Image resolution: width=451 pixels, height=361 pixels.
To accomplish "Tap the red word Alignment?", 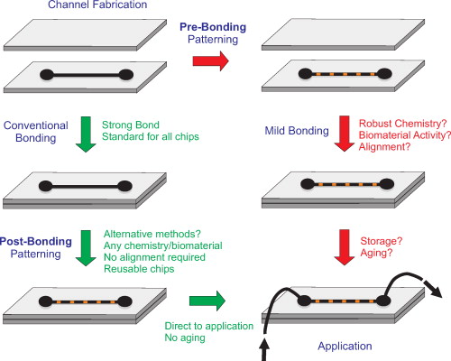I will click(x=385, y=145).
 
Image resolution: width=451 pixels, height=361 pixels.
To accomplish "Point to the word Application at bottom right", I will click(x=344, y=345).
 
